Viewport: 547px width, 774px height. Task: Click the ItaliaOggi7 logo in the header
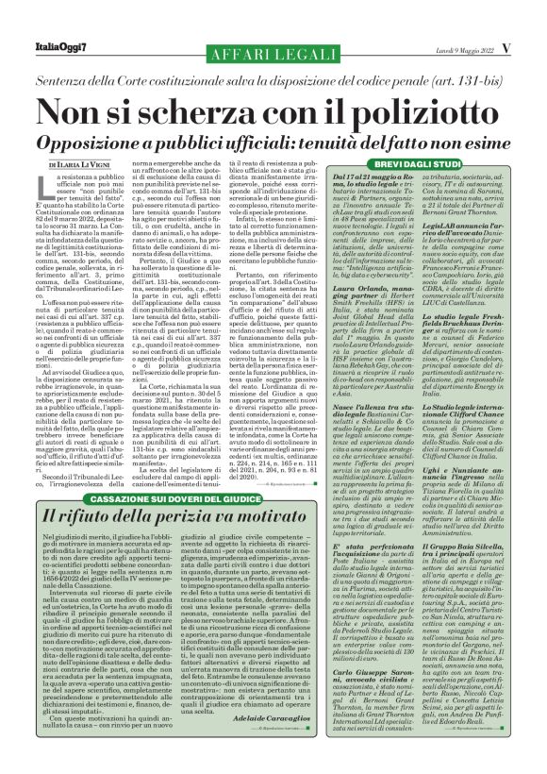coord(50,19)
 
